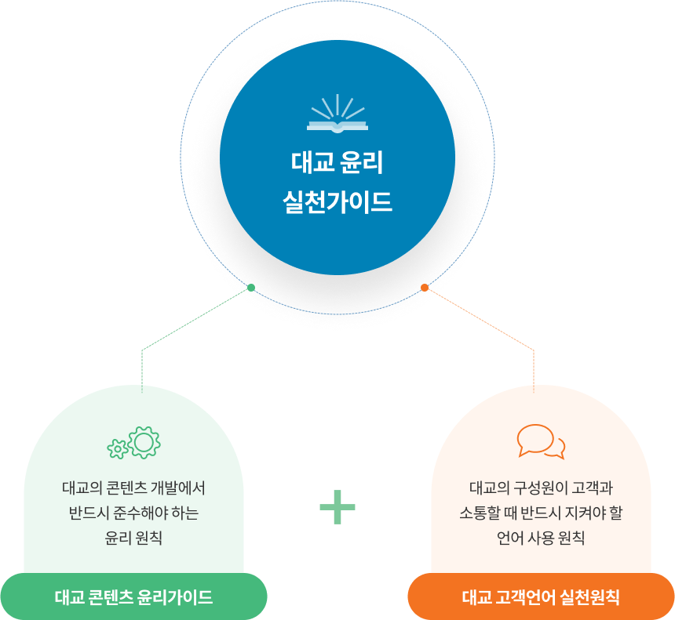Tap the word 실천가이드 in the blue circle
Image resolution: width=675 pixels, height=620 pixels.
point(337,202)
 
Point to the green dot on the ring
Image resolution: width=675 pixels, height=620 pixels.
point(251,288)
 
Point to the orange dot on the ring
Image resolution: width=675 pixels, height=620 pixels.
point(425,288)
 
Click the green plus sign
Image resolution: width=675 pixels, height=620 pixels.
point(337,507)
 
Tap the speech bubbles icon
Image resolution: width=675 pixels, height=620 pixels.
point(541,442)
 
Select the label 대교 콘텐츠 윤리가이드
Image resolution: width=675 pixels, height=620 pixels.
point(133,597)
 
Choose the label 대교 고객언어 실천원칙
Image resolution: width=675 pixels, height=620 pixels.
point(541,597)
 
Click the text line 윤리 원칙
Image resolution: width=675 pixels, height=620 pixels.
point(133,538)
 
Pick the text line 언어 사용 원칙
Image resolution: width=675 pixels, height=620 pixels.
point(541,538)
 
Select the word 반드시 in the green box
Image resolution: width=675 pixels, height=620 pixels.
point(90,513)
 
